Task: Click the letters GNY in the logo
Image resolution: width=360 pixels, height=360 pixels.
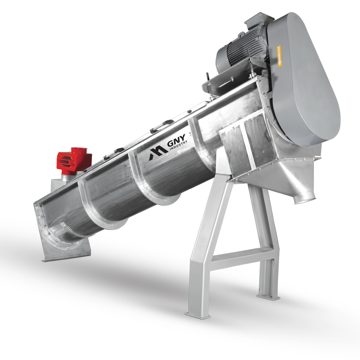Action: [x=176, y=141]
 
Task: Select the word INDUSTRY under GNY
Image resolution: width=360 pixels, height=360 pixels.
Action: [x=178, y=146]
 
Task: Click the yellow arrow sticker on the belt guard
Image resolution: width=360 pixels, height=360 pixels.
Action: [x=279, y=56]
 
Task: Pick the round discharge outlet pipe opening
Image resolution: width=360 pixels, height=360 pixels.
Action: [x=305, y=200]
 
